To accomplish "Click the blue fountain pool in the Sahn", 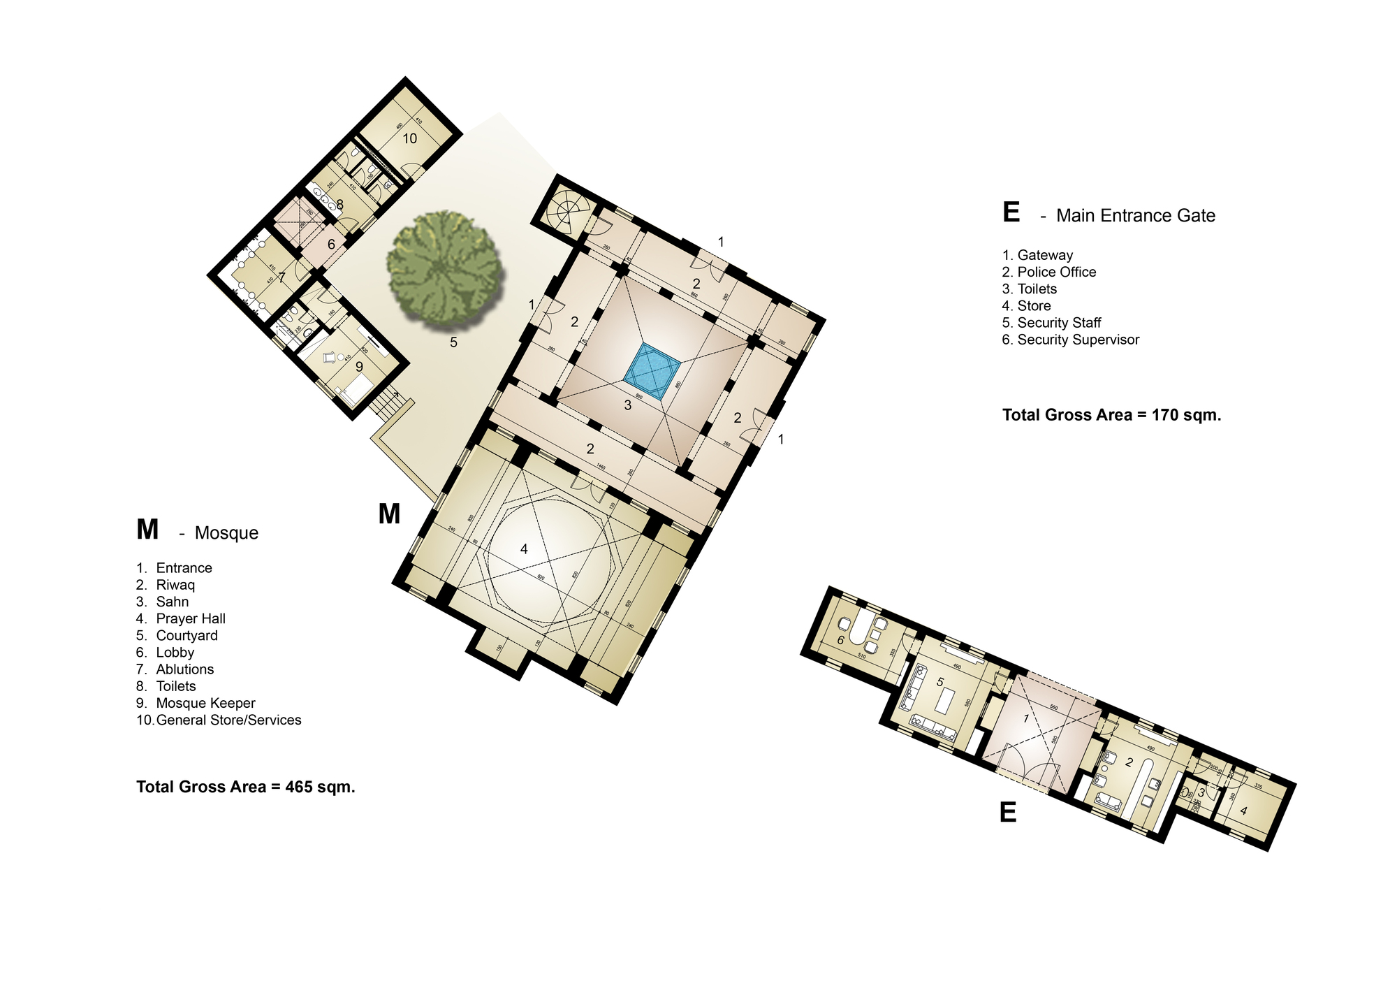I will [652, 371].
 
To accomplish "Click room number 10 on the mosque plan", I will [409, 138].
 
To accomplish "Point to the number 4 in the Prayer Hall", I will [524, 549].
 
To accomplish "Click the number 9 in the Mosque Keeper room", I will [359, 366].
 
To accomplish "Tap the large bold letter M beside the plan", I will [389, 514].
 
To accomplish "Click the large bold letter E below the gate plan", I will [1007, 812].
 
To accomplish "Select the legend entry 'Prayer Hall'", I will [190, 618].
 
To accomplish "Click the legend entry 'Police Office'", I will [1056, 272].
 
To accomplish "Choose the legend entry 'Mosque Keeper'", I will [205, 703].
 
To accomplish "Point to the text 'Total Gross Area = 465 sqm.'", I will [246, 787].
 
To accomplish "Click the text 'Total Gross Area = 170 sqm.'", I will [1111, 415].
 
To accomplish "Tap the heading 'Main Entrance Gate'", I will [1135, 215].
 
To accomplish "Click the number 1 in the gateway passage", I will [1025, 718].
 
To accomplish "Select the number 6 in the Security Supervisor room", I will [840, 639].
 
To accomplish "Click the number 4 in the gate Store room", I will [1243, 811].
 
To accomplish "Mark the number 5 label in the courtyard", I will [453, 342].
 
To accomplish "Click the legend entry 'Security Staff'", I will [1059, 323].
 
